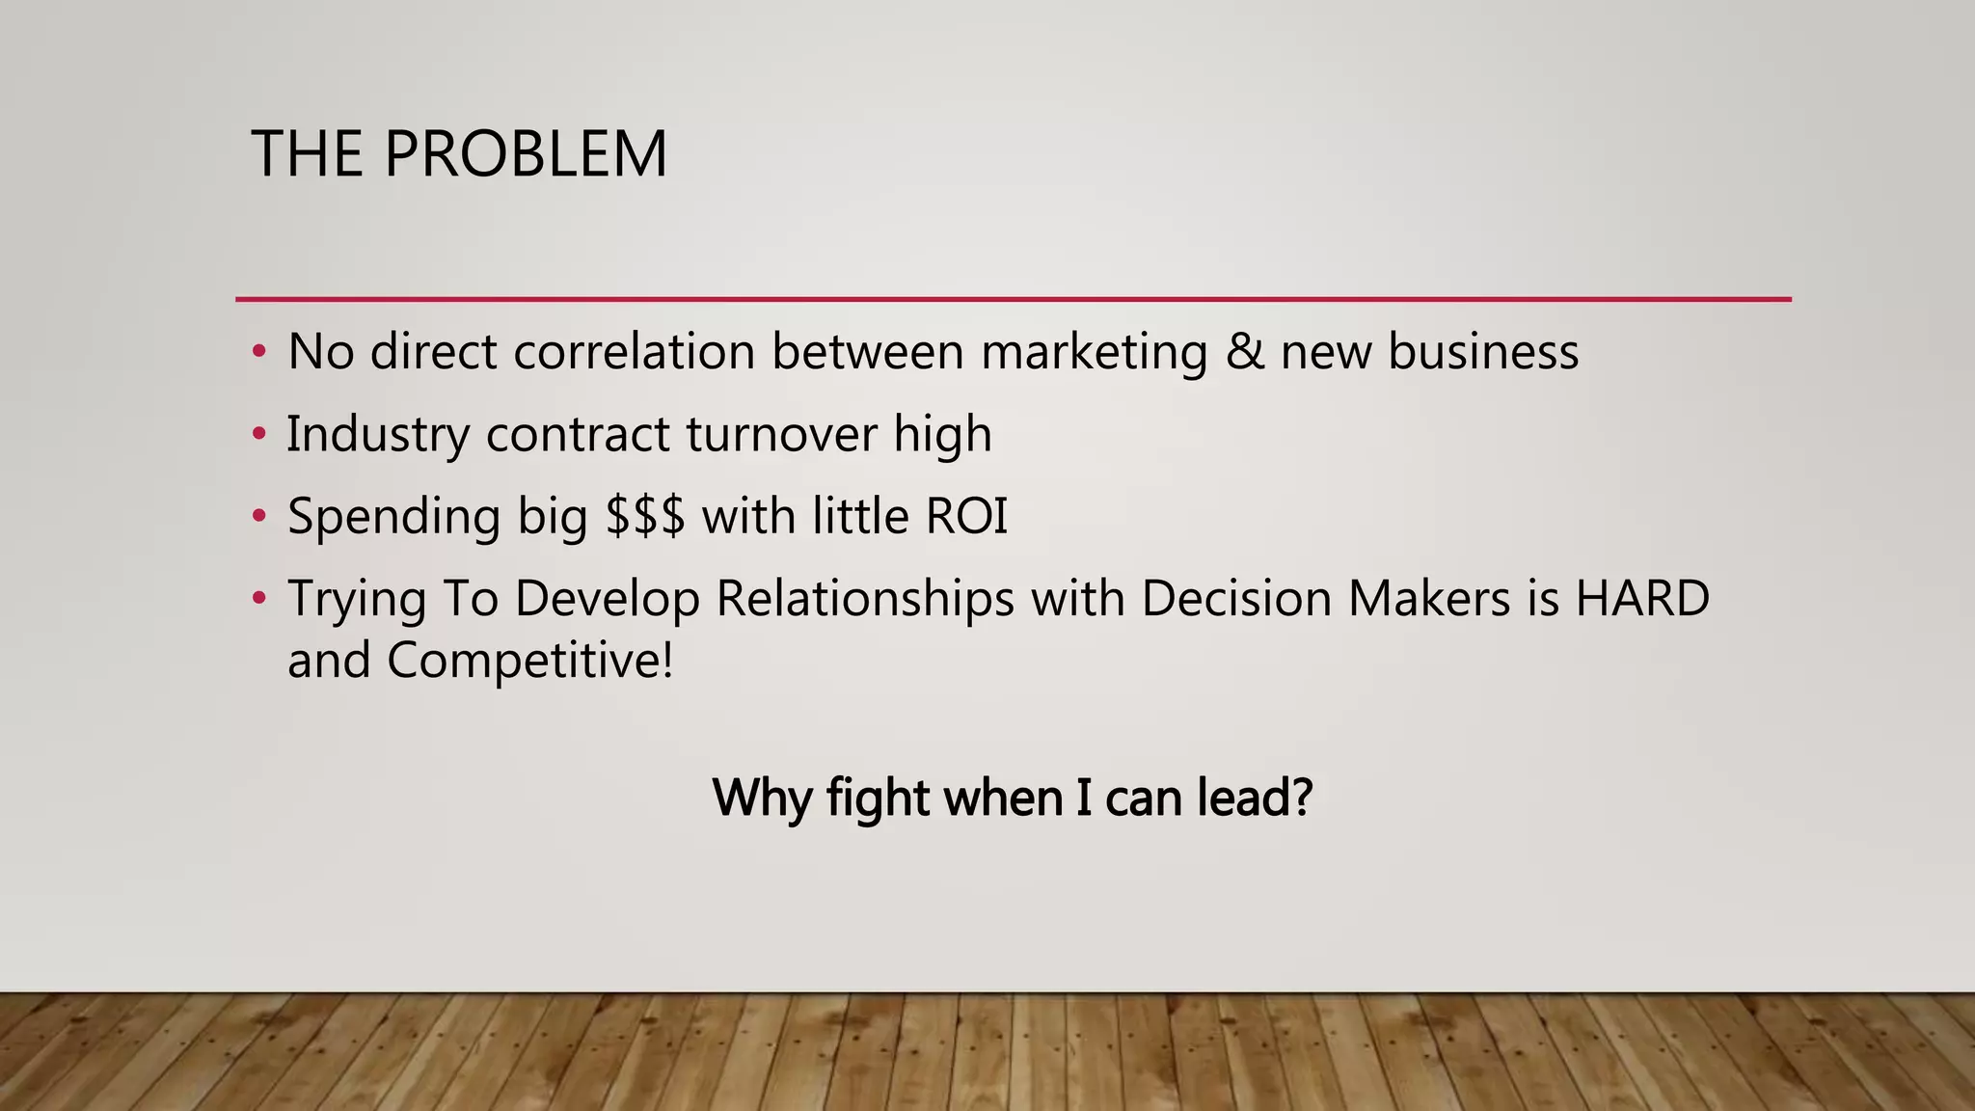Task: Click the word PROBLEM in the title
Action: point(526,154)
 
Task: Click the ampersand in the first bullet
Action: point(1244,351)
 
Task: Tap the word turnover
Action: point(781,434)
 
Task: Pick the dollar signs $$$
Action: point(645,516)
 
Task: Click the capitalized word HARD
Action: point(1642,598)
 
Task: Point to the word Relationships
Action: point(865,600)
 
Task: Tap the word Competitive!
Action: point(529,662)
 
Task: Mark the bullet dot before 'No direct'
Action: point(258,352)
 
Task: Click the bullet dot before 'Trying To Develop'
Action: point(258,599)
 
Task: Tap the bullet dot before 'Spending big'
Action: point(258,517)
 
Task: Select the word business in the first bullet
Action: point(1483,351)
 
